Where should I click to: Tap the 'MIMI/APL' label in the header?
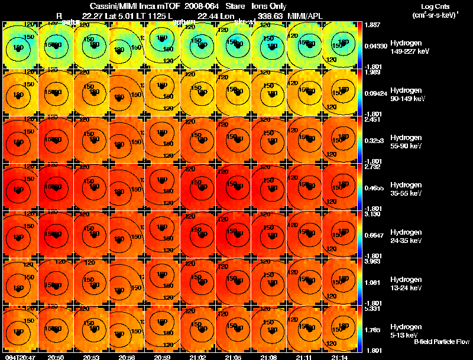pos(305,15)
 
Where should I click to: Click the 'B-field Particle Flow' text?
pos(441,342)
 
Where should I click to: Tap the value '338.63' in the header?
pos(270,15)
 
